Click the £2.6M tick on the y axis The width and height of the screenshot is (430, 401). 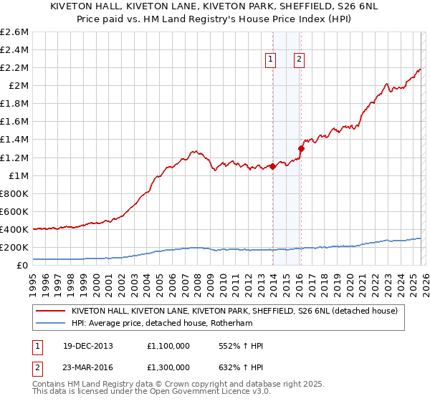[14, 32]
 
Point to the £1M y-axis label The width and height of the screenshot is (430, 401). [17, 175]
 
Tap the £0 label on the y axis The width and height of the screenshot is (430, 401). [23, 266]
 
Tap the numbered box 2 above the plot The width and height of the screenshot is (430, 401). [298, 60]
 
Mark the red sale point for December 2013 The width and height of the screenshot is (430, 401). [273, 166]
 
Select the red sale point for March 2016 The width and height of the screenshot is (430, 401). [301, 148]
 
